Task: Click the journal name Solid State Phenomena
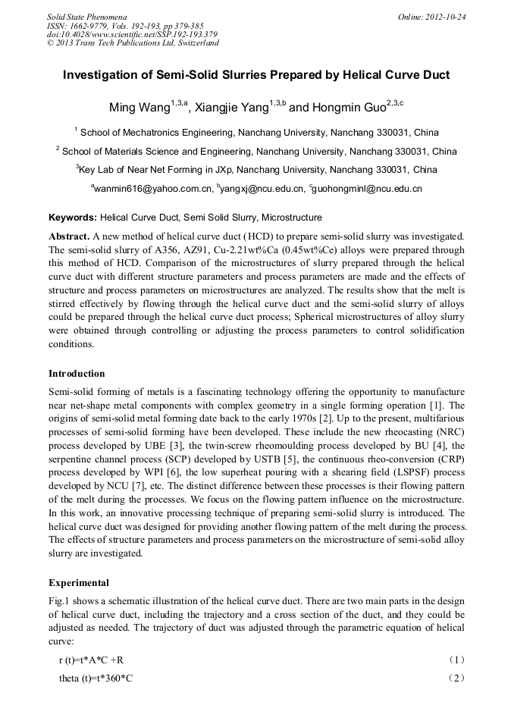click(86, 17)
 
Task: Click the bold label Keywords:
click(73, 218)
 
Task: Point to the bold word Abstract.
click(71, 237)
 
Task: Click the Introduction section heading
click(77, 374)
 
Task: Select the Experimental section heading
click(79, 583)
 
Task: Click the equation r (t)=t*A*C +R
click(91, 660)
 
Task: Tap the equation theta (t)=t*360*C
click(96, 678)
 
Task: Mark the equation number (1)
click(457, 660)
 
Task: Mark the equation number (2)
click(457, 678)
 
